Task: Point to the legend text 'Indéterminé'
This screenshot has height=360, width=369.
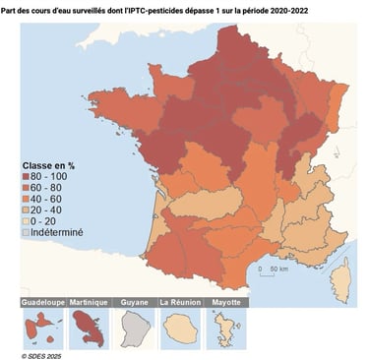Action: click(x=58, y=233)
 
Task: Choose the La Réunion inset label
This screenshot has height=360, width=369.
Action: click(x=178, y=302)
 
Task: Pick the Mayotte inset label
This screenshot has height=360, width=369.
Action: click(x=223, y=302)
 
